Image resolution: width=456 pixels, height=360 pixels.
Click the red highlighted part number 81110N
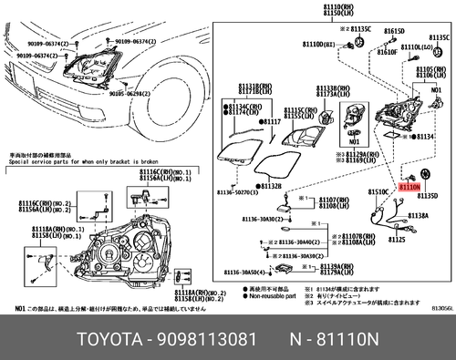point(409,185)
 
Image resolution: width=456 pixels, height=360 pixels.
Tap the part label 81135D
point(428,196)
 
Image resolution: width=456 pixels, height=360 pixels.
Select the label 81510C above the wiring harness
point(378,192)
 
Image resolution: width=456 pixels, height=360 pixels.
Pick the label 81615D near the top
point(393,31)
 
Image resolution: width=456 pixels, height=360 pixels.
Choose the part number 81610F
point(388,53)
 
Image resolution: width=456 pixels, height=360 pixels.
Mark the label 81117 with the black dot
point(271,120)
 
